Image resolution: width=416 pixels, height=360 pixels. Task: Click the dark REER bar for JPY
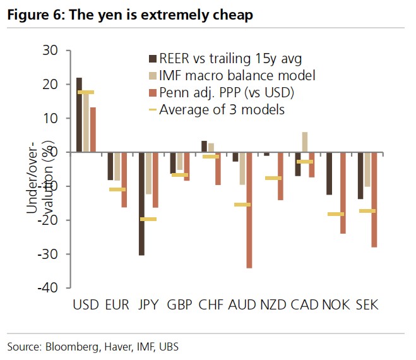pyautogui.click(x=142, y=203)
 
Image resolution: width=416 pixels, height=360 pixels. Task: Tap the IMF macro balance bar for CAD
pyautogui.click(x=305, y=142)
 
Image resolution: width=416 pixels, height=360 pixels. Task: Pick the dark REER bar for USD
pyautogui.click(x=79, y=114)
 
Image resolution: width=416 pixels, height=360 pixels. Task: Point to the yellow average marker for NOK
pyautogui.click(x=336, y=214)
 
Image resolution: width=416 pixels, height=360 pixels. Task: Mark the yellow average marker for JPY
pyautogui.click(x=148, y=219)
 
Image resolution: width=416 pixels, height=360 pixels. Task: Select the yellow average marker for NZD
pyautogui.click(x=273, y=178)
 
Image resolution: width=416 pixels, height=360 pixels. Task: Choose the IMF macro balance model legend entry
pyautogui.click(x=237, y=76)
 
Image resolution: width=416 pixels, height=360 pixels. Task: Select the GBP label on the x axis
pyautogui.click(x=180, y=305)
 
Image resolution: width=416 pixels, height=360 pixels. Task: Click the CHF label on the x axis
pyautogui.click(x=211, y=305)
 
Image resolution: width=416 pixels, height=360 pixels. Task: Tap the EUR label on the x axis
pyautogui.click(x=117, y=305)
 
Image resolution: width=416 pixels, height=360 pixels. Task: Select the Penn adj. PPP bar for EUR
pyautogui.click(x=124, y=180)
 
